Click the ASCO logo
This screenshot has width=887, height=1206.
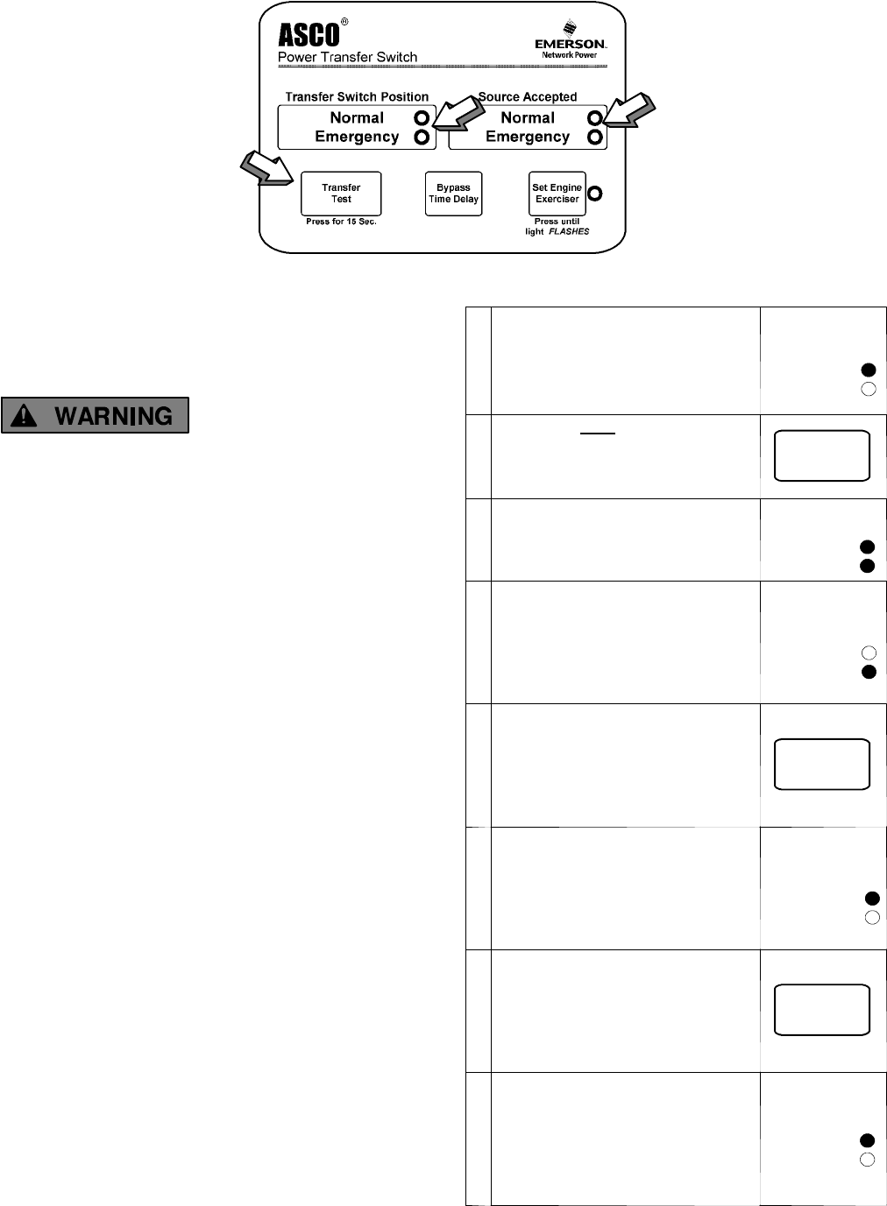[x=309, y=35]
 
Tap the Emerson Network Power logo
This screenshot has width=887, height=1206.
[x=570, y=46]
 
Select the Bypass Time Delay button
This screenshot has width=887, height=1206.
[x=453, y=194]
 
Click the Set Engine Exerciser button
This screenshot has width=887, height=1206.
[x=557, y=194]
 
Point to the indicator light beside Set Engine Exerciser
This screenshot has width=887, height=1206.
[x=595, y=194]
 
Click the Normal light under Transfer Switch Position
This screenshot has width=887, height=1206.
[x=422, y=118]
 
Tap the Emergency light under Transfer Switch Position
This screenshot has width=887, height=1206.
[x=422, y=138]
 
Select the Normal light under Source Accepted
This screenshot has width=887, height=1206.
[x=595, y=118]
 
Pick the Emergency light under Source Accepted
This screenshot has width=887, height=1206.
[x=595, y=138]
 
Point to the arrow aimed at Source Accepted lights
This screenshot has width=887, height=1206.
[x=630, y=112]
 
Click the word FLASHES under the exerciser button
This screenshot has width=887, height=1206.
[x=569, y=232]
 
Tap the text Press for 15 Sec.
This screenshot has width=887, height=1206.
[x=341, y=222]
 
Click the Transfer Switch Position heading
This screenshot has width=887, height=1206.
[x=357, y=97]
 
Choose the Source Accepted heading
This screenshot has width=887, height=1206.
[x=528, y=97]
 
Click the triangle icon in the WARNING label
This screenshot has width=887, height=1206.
[x=25, y=415]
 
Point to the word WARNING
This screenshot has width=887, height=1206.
[x=114, y=416]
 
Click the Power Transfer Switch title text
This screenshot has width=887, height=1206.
[x=347, y=58]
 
